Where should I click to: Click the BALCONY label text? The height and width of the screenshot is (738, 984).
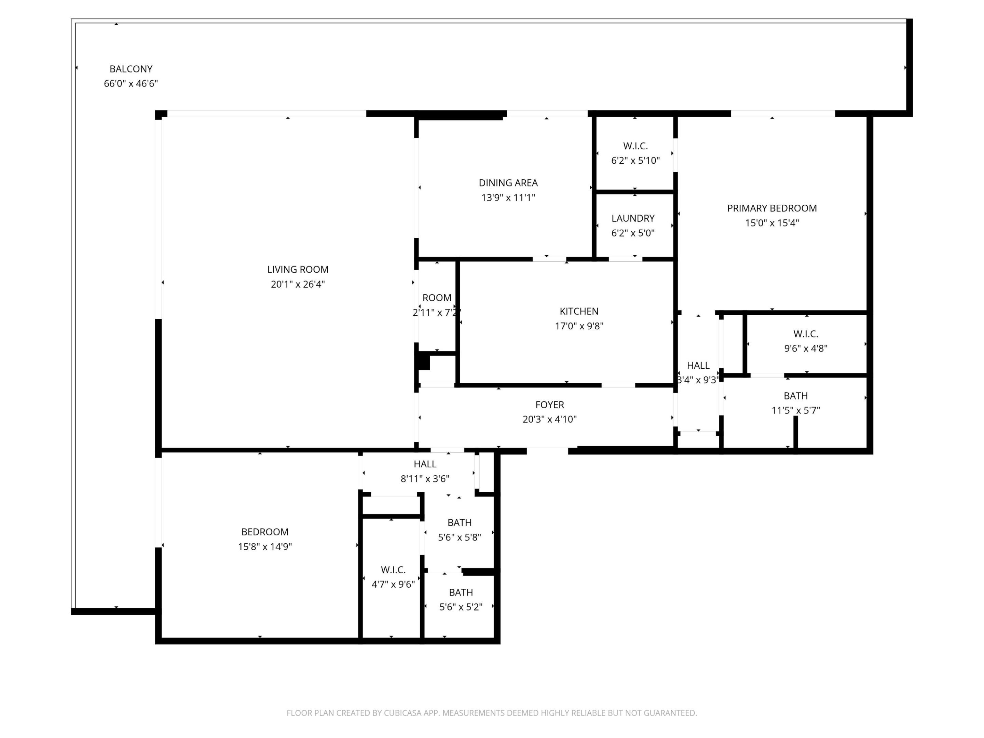coord(131,69)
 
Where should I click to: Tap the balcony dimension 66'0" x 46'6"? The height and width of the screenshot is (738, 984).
coord(131,84)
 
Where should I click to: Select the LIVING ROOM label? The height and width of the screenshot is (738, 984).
coord(298,269)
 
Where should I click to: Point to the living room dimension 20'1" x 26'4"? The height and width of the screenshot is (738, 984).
coord(298,284)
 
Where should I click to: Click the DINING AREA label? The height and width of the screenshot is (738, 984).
coord(508,182)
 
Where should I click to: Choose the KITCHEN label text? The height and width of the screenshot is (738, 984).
coord(579,311)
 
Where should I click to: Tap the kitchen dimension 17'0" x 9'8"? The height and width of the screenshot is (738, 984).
coord(579,326)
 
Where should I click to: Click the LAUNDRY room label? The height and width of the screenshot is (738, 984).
coord(632,218)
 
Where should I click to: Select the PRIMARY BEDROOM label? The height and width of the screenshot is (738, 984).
coord(772,208)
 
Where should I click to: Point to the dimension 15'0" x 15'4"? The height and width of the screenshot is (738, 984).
coord(772,222)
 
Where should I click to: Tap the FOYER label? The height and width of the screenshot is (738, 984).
coord(549,405)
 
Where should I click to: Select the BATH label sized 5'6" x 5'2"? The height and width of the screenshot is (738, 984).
coord(461,592)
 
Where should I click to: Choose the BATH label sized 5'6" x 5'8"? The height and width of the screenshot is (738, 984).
coord(460,522)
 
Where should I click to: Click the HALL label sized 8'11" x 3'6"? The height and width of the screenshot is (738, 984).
coord(425,464)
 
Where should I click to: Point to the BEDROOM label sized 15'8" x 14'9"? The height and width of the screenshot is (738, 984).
coord(265,532)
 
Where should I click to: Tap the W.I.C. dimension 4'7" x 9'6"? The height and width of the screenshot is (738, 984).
coord(393,584)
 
